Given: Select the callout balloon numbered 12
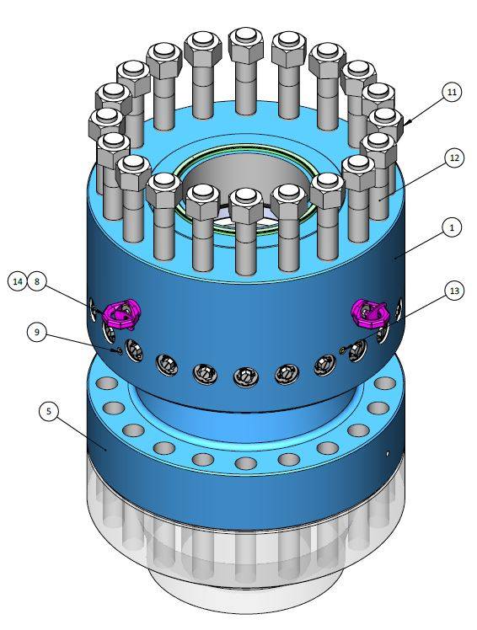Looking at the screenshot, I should [453, 157].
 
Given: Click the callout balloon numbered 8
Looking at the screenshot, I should [36, 282].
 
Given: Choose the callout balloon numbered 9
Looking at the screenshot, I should [36, 333].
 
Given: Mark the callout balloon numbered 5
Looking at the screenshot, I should [51, 411].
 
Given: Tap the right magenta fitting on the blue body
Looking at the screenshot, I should [368, 312].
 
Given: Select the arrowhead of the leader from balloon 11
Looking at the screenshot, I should [406, 124].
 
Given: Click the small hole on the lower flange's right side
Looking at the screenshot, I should [387, 453].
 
